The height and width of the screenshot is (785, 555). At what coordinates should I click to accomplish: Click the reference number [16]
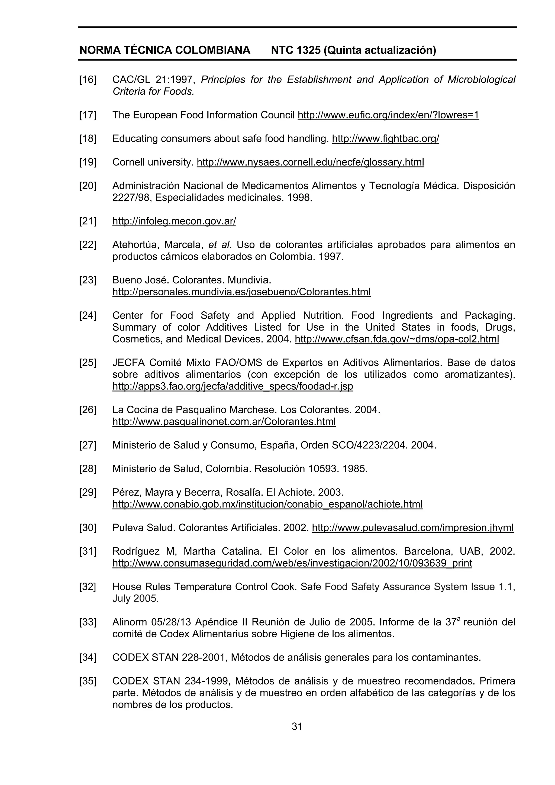[88, 80]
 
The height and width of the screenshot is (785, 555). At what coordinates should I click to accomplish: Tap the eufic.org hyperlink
[388, 115]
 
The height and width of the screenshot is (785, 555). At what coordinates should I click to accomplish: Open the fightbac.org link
[385, 138]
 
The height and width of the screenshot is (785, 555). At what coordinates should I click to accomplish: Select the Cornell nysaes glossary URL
[310, 162]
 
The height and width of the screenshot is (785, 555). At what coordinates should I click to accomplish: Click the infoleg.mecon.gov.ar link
[174, 221]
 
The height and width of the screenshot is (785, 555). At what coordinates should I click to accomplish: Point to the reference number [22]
[88, 245]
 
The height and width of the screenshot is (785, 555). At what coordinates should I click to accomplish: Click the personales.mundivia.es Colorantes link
[241, 292]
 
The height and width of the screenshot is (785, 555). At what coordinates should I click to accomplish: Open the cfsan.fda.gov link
[397, 339]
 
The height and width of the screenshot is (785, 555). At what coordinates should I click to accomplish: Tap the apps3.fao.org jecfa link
[233, 386]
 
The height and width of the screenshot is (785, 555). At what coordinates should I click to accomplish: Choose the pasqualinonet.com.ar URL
[224, 422]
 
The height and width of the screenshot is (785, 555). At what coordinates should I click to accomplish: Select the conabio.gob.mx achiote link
[267, 504]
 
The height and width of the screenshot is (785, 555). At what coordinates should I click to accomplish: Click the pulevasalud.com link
[413, 528]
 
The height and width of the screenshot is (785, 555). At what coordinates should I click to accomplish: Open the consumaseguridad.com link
[292, 563]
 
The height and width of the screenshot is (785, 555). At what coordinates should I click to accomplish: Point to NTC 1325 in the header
[295, 50]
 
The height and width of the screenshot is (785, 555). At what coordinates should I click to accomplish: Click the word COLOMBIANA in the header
[213, 50]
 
